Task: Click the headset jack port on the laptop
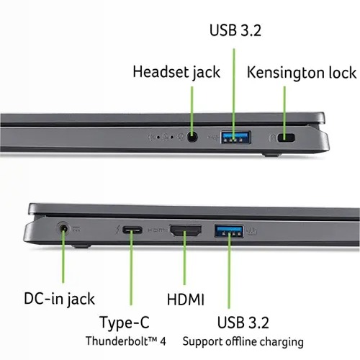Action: click(192, 138)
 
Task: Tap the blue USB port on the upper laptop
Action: click(236, 138)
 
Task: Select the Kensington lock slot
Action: click(286, 138)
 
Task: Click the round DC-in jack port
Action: click(63, 228)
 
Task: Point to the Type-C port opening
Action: click(132, 230)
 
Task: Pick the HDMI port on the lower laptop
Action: click(186, 230)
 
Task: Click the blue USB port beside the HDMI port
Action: click(229, 231)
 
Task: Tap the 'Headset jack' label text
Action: click(176, 72)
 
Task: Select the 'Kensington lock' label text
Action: click(302, 73)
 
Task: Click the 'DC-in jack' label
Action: click(59, 299)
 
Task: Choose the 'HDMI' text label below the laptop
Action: click(186, 300)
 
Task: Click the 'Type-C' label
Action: click(125, 323)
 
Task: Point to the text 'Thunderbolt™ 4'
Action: click(126, 341)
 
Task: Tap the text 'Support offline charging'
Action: click(243, 342)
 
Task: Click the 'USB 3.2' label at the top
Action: click(235, 30)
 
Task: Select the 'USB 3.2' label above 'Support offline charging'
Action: click(243, 323)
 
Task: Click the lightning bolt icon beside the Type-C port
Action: click(117, 230)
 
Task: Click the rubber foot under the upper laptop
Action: click(271, 155)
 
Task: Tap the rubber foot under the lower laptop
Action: click(81, 246)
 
